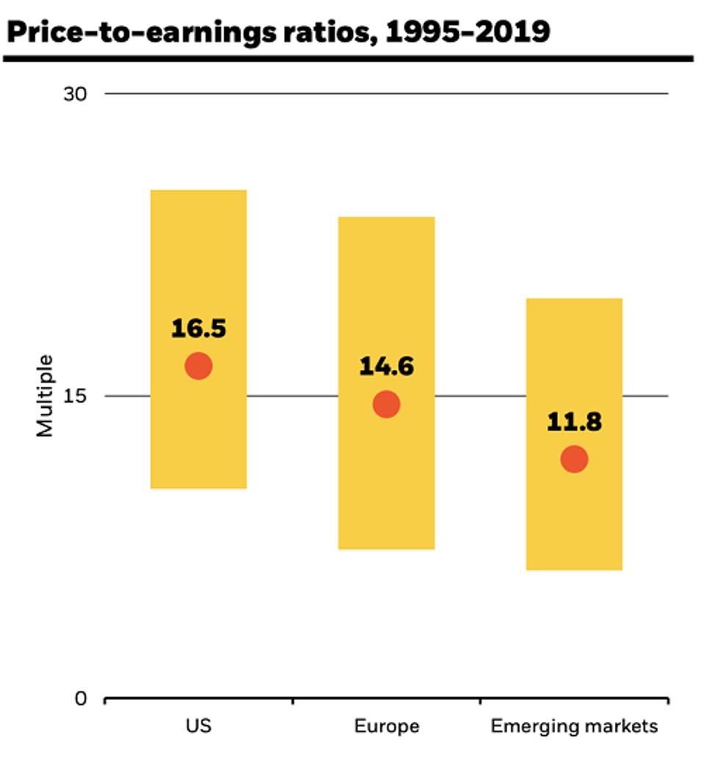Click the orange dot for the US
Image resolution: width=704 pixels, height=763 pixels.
pyautogui.click(x=198, y=365)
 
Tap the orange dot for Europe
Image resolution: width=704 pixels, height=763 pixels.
pyautogui.click(x=386, y=404)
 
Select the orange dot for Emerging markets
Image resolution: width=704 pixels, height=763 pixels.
pyautogui.click(x=574, y=459)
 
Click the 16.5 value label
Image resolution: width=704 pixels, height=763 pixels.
pyautogui.click(x=198, y=329)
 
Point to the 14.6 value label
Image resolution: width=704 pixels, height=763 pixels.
pyautogui.click(x=386, y=366)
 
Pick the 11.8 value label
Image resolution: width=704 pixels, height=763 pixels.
pyautogui.click(x=574, y=423)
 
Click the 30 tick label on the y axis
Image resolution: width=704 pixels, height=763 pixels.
pyautogui.click(x=76, y=94)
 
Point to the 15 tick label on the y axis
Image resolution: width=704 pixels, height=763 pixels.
pyautogui.click(x=76, y=396)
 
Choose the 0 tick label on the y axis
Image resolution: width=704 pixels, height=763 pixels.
pyautogui.click(x=81, y=698)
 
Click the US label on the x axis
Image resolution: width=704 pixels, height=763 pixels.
pyautogui.click(x=198, y=727)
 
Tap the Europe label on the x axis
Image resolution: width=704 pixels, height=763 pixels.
pyautogui.click(x=387, y=727)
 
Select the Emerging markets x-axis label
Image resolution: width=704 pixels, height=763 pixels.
pyautogui.click(x=574, y=727)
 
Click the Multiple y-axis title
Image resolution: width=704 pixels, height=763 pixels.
pyautogui.click(x=46, y=395)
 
